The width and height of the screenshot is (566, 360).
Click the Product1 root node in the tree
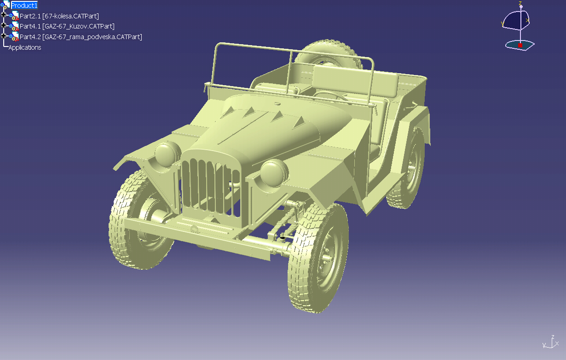coord(24,6)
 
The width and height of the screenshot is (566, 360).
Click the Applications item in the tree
coord(25,47)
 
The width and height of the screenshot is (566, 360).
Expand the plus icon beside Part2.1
coord(3,15)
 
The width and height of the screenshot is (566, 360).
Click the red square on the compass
coord(520,45)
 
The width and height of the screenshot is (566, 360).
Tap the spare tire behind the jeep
coord(329,54)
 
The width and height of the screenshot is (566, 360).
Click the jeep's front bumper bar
coord(197,238)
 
